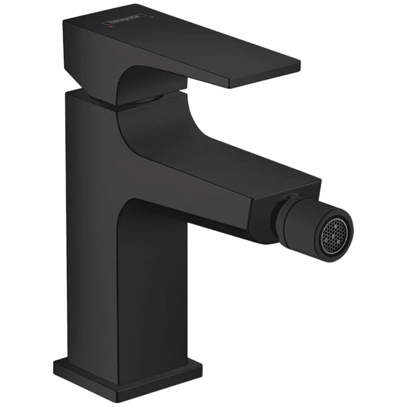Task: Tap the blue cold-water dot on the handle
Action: coord(152,17)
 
